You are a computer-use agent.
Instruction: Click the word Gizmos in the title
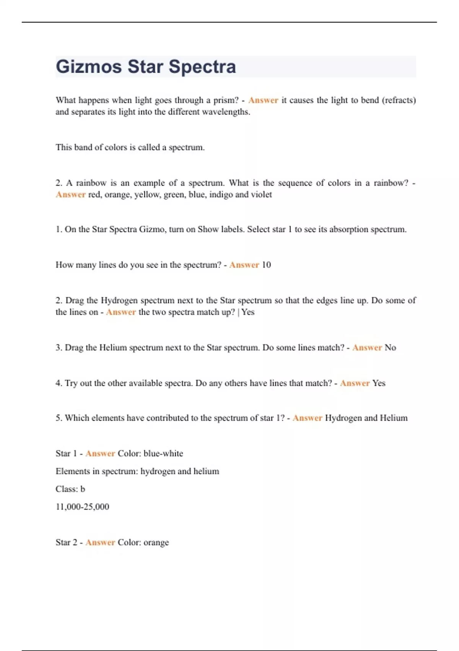(x=89, y=67)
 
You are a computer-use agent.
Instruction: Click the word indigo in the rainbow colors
(x=221, y=195)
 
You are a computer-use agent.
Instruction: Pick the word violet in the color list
(x=261, y=195)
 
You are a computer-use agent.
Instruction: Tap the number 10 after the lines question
(x=266, y=265)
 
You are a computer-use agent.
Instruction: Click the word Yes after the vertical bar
(x=248, y=312)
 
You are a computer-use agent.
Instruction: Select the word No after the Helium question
(x=390, y=348)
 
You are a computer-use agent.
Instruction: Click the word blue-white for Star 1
(x=163, y=453)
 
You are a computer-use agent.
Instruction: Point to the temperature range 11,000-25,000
(x=82, y=507)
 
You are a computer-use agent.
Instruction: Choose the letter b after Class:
(x=83, y=489)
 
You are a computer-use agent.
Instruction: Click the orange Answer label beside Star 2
(x=100, y=543)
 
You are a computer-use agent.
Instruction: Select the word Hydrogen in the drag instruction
(x=119, y=301)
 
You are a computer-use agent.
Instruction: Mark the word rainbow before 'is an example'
(x=91, y=183)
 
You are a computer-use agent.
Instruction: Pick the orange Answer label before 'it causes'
(x=263, y=100)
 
